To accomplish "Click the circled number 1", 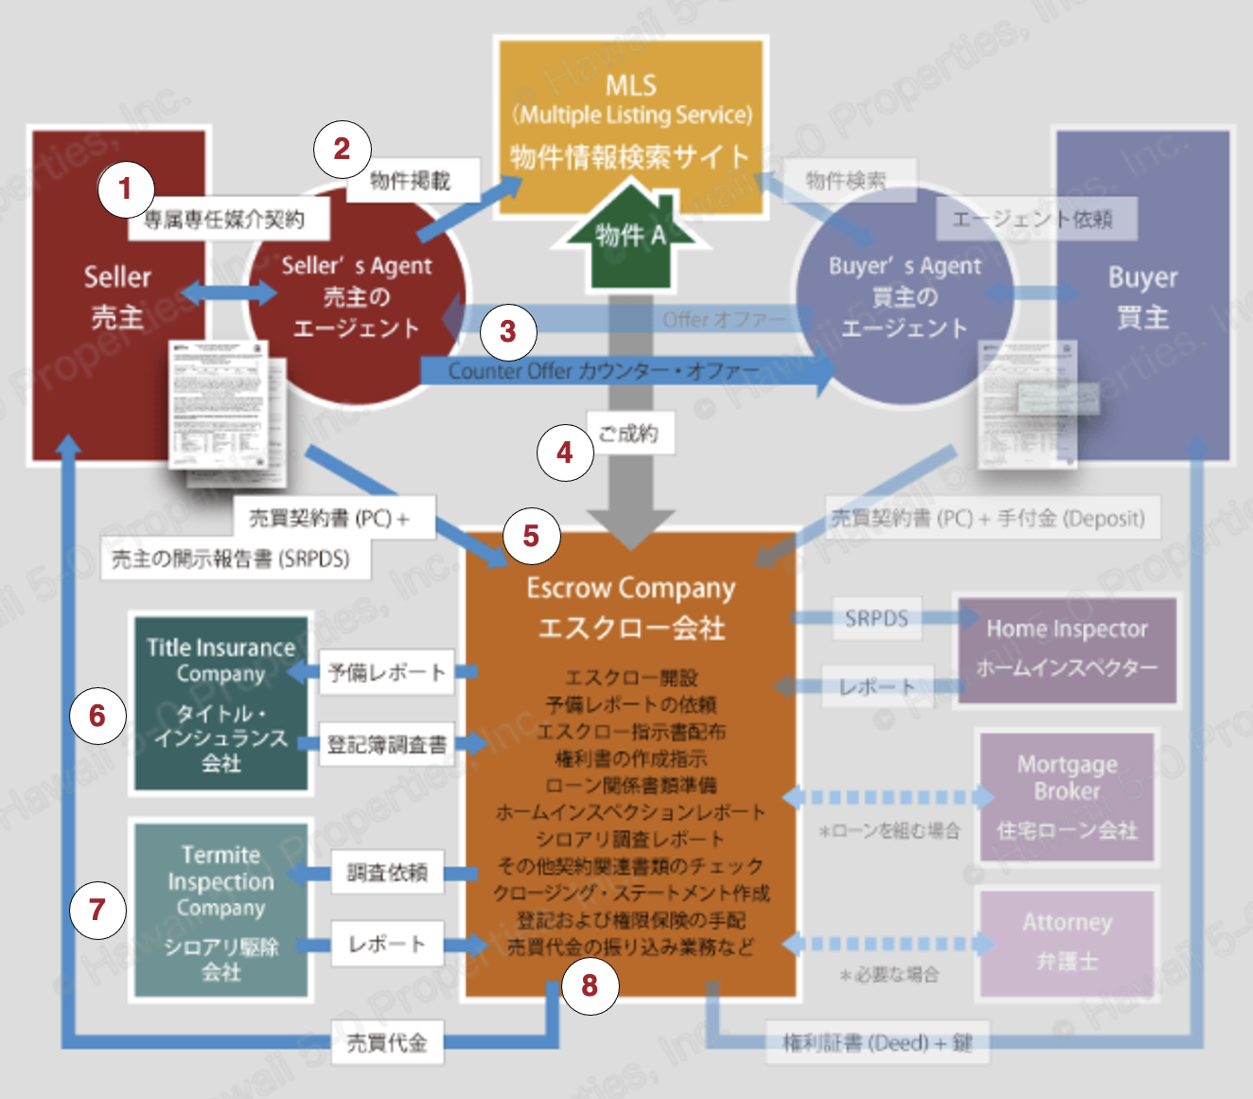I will click(x=125, y=189).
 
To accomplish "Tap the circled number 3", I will click(x=508, y=331).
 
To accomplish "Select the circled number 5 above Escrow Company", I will click(x=531, y=536).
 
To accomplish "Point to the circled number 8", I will click(x=590, y=985).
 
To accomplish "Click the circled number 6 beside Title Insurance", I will click(x=97, y=716).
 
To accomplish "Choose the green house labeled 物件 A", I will click(x=630, y=241).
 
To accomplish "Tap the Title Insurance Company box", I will click(x=221, y=702).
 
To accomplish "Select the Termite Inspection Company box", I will click(x=221, y=909).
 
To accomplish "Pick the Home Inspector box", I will click(x=1067, y=648).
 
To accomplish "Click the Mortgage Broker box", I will click(x=1067, y=796).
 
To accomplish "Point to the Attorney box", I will click(x=1067, y=942).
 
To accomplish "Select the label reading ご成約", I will click(x=628, y=434).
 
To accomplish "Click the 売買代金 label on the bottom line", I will click(x=387, y=1042).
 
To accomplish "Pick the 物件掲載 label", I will click(x=411, y=180).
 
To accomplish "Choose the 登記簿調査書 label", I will click(x=386, y=745).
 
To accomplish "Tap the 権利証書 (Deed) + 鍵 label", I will click(x=877, y=1042).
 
